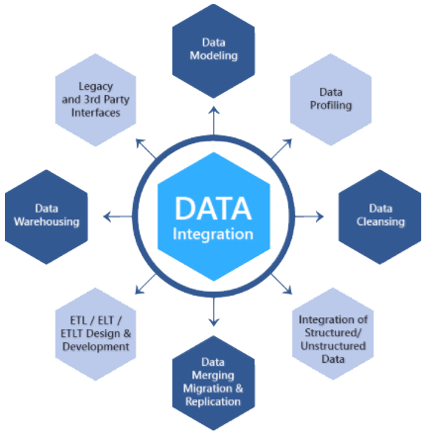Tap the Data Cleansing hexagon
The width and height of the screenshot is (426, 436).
point(379,216)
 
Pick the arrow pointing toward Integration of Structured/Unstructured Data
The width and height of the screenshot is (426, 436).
point(285,288)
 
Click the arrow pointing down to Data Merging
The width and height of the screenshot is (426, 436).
point(214,317)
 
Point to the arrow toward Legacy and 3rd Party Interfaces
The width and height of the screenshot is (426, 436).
point(142,144)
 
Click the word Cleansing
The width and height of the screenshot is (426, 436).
point(379,222)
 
